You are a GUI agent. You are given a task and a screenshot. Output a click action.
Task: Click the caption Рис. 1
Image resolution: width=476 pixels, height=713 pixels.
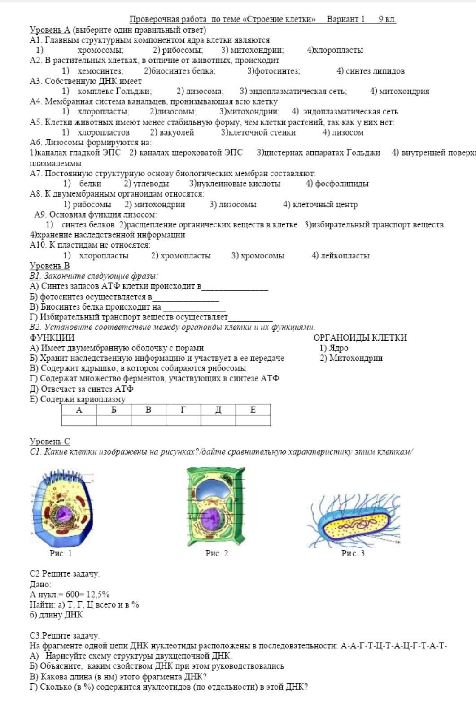coord(61,553)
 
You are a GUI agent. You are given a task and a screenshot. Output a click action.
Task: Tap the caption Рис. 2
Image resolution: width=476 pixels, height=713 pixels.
coord(217,553)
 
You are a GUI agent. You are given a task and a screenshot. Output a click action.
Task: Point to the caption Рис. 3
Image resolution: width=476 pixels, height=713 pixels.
coord(353,553)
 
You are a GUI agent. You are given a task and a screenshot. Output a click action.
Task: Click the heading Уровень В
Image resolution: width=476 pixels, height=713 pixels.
coord(50,266)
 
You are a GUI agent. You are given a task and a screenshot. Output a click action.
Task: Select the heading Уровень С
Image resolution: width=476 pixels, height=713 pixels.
coord(50,442)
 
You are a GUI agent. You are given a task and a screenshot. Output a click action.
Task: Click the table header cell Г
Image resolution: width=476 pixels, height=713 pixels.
coord(183,410)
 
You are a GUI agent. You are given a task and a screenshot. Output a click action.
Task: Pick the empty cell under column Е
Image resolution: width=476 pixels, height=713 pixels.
coord(253,420)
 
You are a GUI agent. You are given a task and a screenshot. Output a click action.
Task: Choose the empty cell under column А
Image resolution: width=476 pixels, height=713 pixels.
coord(79,420)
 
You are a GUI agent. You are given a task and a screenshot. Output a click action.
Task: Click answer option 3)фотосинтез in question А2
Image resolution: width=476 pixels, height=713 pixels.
coord(274,71)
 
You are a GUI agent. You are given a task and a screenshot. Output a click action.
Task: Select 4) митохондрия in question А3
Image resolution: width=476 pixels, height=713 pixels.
coord(399,92)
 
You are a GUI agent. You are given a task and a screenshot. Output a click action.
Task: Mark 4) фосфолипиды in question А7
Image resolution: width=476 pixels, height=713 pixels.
coord(337,184)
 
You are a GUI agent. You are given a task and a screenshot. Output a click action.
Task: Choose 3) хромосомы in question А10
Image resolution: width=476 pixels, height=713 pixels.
coord(258,256)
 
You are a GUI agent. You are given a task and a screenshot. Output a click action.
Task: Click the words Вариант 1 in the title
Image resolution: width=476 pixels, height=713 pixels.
coord(345,19)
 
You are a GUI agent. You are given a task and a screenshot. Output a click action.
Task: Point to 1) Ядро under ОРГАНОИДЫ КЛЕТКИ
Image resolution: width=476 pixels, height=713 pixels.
coord(334,348)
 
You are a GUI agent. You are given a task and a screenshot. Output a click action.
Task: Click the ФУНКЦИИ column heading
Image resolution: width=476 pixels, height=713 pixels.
coord(52,337)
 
